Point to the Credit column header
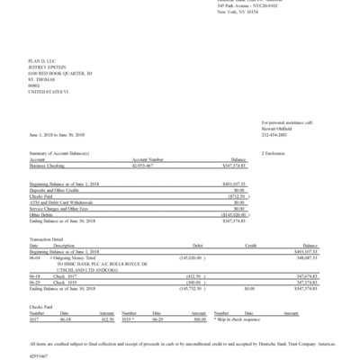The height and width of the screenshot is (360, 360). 251,244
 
